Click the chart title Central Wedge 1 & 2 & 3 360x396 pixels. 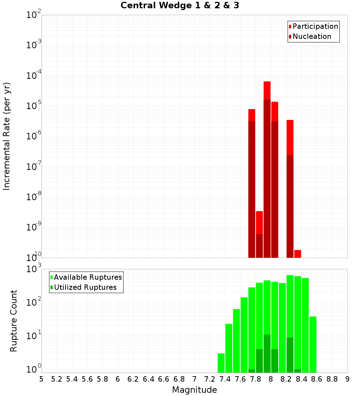[x=180, y=5]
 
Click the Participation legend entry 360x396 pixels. [x=315, y=26]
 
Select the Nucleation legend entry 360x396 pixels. [x=311, y=36]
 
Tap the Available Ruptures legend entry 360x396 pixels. [x=87, y=277]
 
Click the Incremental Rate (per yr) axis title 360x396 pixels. [x=6, y=136]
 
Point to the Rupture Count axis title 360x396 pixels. [x=14, y=320]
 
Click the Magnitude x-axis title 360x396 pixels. [x=194, y=390]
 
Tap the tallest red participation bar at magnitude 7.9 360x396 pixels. [x=267, y=90]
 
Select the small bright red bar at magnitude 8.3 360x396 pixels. [x=297, y=253]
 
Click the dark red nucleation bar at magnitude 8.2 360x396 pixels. [x=290, y=205]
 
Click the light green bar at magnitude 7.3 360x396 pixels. [x=221, y=363]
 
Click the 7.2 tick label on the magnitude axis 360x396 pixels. [x=210, y=379]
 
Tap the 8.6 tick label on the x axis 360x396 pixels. [x=316, y=379]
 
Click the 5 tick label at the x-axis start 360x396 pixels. [x=41, y=379]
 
